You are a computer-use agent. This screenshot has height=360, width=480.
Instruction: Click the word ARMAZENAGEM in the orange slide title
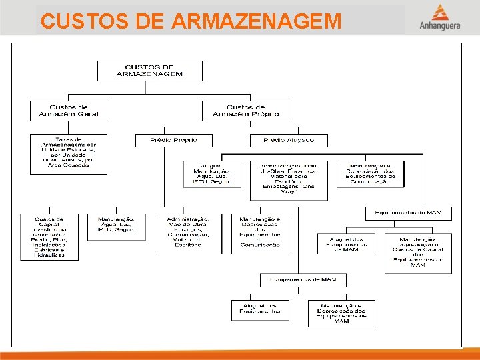coord(256,21)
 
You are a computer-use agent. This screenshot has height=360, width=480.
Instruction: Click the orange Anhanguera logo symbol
coord(439,13)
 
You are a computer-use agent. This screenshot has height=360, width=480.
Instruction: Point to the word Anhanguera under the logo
coord(439,27)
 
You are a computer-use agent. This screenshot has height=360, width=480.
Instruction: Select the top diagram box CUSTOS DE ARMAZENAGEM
coord(149,71)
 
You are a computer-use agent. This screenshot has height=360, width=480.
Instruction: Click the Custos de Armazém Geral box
coord(68,111)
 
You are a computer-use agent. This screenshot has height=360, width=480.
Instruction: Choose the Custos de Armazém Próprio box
coord(245,111)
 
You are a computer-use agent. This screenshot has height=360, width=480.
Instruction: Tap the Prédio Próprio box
coord(165,140)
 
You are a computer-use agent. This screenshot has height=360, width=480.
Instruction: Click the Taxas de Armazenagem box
coord(68,154)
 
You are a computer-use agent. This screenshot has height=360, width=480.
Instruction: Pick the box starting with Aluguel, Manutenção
coord(212,173)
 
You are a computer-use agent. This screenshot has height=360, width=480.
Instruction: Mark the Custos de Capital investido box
coord(49,237)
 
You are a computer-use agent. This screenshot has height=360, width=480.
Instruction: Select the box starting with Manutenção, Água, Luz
coord(116,225)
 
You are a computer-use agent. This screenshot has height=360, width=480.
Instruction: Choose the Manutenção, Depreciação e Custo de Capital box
coord(418,253)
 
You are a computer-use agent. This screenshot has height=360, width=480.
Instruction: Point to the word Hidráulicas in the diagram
coord(49,255)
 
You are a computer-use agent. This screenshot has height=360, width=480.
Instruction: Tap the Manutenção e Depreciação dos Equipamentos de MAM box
coord(341,313)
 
